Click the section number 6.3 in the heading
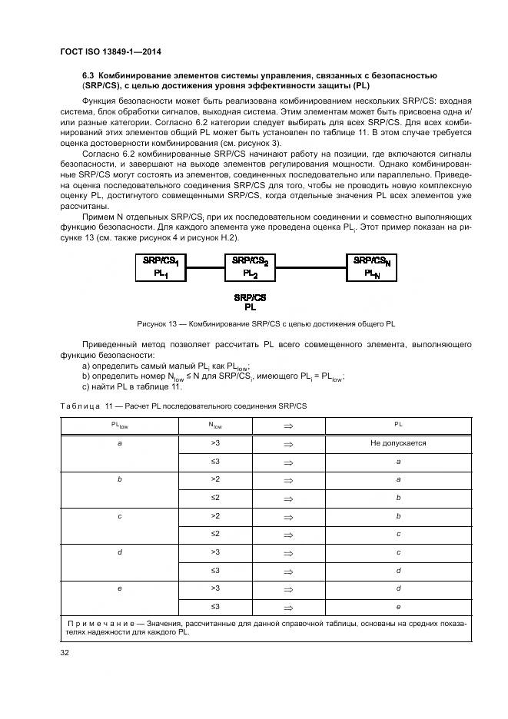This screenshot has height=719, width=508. point(89,75)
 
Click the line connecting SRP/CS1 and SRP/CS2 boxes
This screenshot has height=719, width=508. point(205,267)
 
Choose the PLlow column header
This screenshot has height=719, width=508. point(119,424)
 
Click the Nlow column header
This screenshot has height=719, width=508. point(215,424)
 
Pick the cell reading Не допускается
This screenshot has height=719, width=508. point(398,442)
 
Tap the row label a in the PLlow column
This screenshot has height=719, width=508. point(119,443)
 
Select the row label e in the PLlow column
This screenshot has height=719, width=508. point(119,588)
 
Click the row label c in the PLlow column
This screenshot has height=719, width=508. point(119,515)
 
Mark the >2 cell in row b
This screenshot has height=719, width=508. point(215,479)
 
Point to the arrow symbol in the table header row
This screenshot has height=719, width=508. point(288,424)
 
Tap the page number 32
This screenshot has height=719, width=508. point(65,653)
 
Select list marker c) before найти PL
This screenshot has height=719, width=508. point(86,386)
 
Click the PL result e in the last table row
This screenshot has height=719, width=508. point(398,606)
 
